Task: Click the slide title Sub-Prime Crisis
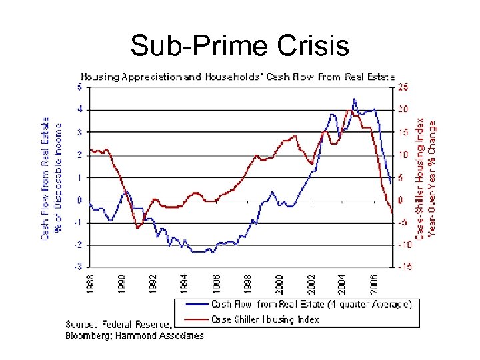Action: pyautogui.click(x=239, y=46)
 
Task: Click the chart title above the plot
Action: pyautogui.click(x=238, y=77)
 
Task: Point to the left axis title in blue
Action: pyautogui.click(x=51, y=178)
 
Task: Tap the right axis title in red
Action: pyautogui.click(x=427, y=179)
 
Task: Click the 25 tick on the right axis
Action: pyautogui.click(x=403, y=87)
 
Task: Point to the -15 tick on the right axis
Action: pyautogui.click(x=404, y=267)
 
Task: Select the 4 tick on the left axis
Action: pyautogui.click(x=79, y=109)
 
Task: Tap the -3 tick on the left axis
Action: pyautogui.click(x=78, y=267)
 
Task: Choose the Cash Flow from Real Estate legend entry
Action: pyautogui.click(x=311, y=304)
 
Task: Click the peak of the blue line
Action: pyautogui.click(x=354, y=99)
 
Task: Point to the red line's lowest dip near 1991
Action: pyautogui.click(x=138, y=227)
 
